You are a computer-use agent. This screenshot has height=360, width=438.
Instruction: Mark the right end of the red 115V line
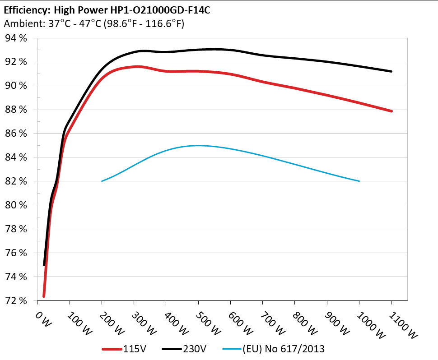click(x=391, y=111)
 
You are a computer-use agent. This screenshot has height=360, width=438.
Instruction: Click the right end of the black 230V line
click(x=391, y=71)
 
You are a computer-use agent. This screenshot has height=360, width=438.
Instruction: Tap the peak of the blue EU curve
click(x=198, y=145)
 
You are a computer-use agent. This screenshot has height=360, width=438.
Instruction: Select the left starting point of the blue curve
click(x=102, y=181)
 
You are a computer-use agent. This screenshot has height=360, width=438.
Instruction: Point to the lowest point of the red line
click(x=44, y=296)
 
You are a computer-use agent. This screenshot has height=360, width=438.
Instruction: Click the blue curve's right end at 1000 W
click(x=359, y=181)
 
